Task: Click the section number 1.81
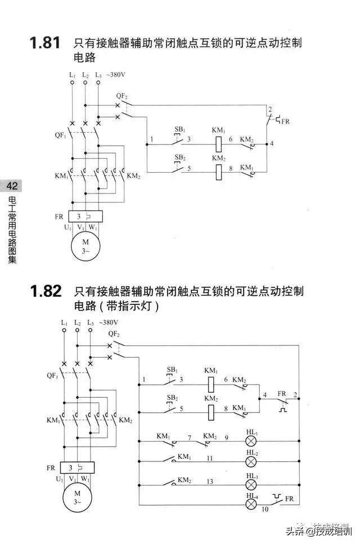(x=44, y=44)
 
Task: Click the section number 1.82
(x=44, y=291)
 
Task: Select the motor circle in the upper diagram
(x=85, y=246)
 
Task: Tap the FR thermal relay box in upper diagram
(x=85, y=216)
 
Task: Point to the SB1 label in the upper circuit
(x=179, y=129)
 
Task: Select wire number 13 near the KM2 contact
(x=210, y=481)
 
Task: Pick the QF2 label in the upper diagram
(x=121, y=96)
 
